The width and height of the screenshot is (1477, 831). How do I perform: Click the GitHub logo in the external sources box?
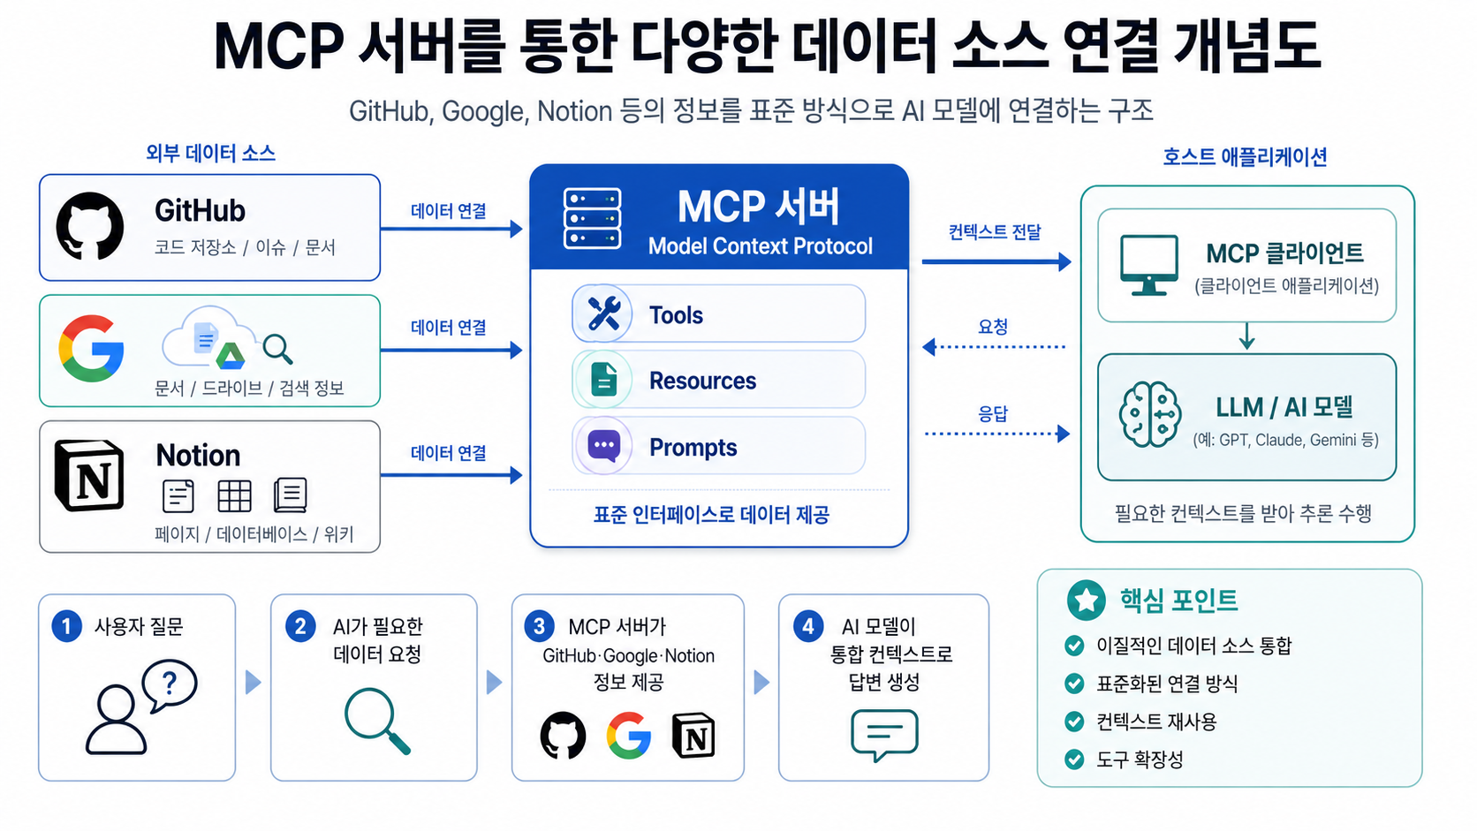[90, 226]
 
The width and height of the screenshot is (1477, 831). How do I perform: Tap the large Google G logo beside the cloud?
[91, 348]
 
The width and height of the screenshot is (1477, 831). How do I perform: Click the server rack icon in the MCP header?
[592, 217]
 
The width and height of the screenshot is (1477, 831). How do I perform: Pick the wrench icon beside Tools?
[603, 314]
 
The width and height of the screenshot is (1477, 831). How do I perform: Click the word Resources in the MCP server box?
[702, 381]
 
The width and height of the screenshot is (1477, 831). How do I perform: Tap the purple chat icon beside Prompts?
[604, 446]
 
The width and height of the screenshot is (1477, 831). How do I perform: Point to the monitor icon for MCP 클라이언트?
[1148, 264]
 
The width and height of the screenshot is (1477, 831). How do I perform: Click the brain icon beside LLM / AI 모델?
[1149, 414]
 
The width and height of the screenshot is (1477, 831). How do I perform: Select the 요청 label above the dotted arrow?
[993, 327]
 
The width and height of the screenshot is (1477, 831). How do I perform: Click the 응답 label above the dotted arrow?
[993, 413]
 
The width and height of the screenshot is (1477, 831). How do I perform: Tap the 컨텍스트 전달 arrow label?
[995, 232]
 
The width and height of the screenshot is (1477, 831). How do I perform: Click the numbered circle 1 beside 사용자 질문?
[66, 626]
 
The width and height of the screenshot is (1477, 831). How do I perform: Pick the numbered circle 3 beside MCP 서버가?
[539, 626]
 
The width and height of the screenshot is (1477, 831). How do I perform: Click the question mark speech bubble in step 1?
[170, 684]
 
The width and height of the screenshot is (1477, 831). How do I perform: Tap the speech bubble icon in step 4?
[883, 734]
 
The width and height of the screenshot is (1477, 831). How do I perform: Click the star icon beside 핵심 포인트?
[1086, 601]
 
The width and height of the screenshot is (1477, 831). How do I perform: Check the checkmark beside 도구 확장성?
[1074, 759]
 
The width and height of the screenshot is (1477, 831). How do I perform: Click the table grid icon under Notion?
[234, 496]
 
